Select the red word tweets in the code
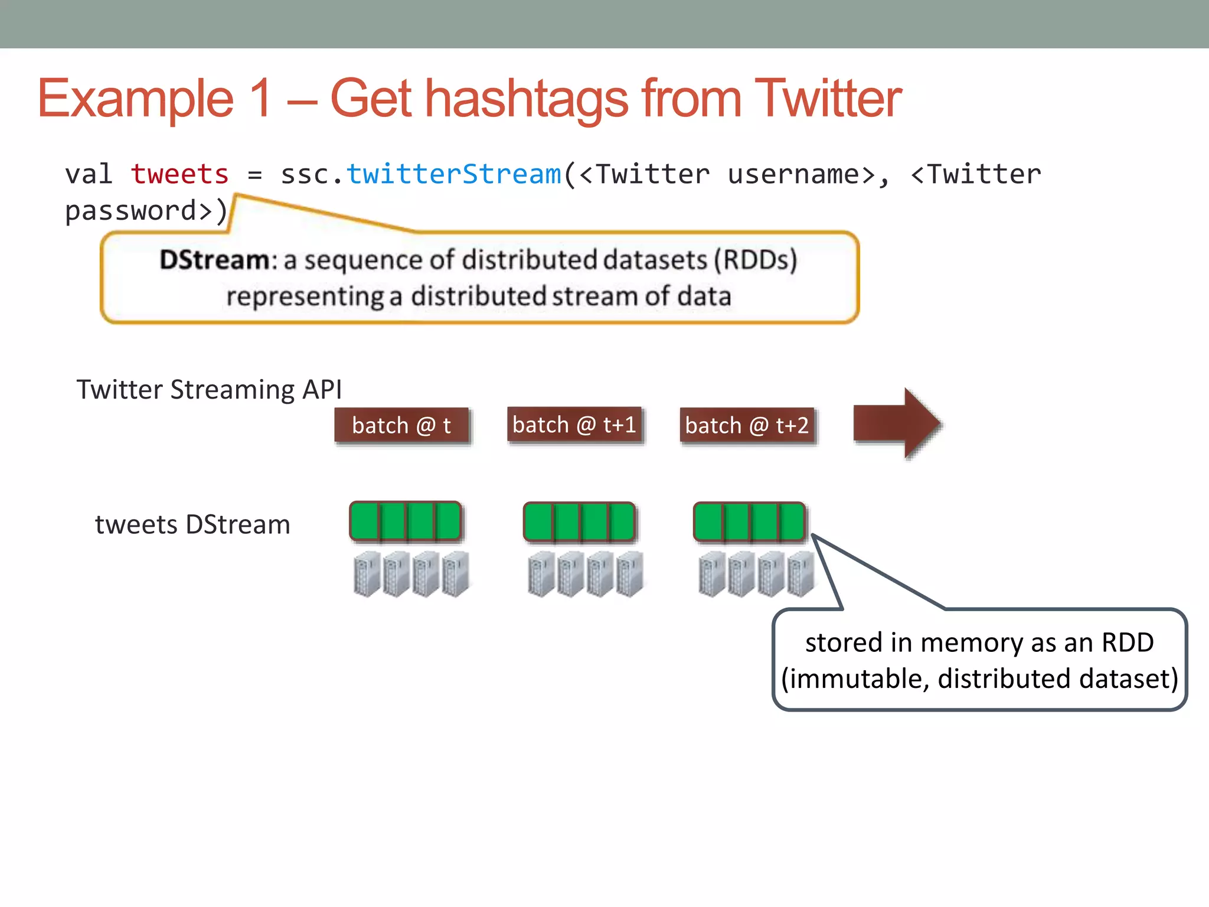point(179,175)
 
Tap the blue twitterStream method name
point(453,175)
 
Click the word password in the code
point(130,211)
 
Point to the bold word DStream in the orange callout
point(214,260)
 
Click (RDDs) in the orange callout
point(756,260)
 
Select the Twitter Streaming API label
point(209,390)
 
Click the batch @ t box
point(401,425)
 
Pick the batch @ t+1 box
point(574,425)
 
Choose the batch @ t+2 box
point(747,425)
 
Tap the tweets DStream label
point(192,524)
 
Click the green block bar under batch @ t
point(406,521)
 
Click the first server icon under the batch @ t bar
point(366,574)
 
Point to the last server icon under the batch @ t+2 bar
point(800,574)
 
